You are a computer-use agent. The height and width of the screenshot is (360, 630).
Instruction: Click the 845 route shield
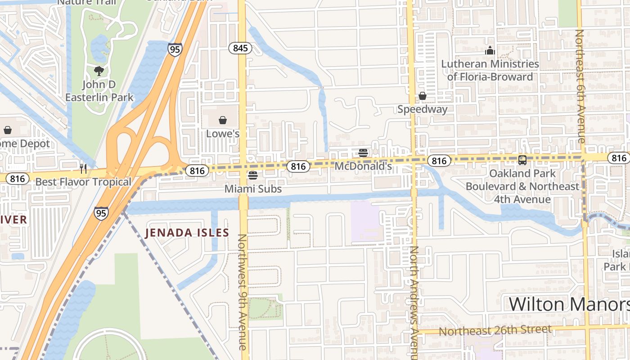(240, 48)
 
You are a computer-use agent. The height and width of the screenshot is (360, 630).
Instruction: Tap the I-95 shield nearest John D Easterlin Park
(175, 49)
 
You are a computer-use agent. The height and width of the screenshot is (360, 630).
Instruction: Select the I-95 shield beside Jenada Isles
(101, 212)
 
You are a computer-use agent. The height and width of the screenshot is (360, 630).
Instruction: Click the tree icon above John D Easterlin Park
(99, 71)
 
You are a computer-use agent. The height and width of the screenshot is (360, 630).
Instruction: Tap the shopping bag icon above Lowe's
(222, 120)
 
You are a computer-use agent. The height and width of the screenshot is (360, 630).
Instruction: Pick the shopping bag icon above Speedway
(422, 95)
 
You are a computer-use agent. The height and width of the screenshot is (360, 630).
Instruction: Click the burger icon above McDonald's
(363, 153)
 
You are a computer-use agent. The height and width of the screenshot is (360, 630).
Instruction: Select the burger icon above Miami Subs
(253, 175)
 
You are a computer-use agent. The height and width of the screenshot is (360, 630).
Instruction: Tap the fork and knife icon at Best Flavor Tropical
(83, 168)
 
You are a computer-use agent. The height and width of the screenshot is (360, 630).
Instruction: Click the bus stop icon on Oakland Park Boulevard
(522, 160)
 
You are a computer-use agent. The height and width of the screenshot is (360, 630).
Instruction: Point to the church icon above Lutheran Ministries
(490, 50)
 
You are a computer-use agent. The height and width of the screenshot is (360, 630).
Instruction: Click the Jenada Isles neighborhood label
(187, 233)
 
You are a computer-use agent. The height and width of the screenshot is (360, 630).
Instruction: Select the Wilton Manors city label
(569, 304)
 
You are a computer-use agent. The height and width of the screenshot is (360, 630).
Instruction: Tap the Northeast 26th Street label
(495, 330)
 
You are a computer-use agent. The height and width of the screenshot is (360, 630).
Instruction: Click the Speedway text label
(422, 109)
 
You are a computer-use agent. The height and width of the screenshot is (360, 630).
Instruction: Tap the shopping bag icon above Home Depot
(8, 130)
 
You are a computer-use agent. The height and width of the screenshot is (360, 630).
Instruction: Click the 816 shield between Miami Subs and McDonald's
(298, 166)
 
